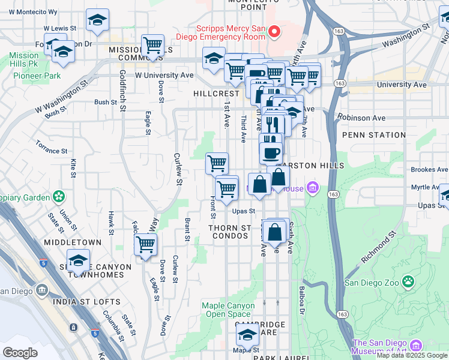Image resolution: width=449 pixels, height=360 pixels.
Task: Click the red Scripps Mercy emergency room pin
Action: [275, 31]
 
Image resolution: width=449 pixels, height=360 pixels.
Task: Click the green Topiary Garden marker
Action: [59, 196]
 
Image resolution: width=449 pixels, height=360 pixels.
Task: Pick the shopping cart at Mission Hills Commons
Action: [153, 45]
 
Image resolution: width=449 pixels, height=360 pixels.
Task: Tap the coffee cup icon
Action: [271, 151]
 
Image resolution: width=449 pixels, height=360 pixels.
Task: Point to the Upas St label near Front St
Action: [244, 211]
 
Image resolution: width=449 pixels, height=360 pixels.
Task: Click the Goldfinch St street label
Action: [122, 91]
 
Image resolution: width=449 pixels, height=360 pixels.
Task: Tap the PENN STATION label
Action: [373, 135]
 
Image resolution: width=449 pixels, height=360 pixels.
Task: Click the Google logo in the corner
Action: [20, 352]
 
